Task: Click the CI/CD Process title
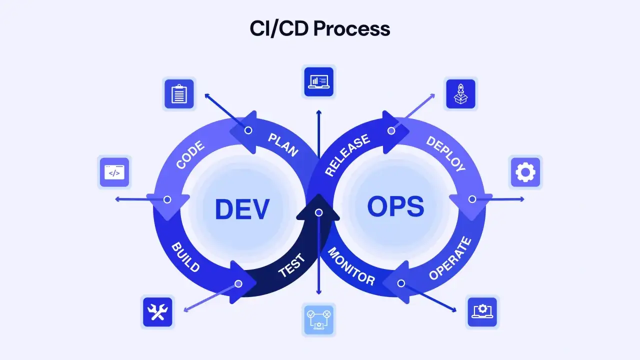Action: [319, 28]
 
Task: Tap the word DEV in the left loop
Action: [242, 209]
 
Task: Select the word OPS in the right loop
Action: [395, 206]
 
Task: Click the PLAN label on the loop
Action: [283, 145]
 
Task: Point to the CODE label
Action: [190, 154]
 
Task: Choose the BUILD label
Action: [185, 257]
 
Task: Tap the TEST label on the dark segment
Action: [291, 265]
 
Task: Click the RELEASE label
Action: [347, 154]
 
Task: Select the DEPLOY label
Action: [446, 153]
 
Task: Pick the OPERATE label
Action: [450, 258]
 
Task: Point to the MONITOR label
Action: [351, 266]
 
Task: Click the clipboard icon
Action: [179, 93]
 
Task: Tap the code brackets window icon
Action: [114, 172]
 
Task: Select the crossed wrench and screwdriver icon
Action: [157, 312]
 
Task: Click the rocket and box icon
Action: [460, 93]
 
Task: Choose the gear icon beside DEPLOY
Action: [525, 172]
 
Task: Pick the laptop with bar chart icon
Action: [319, 81]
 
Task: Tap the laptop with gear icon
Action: [482, 312]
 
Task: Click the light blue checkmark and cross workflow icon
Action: [319, 320]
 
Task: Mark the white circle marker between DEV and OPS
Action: [319, 212]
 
